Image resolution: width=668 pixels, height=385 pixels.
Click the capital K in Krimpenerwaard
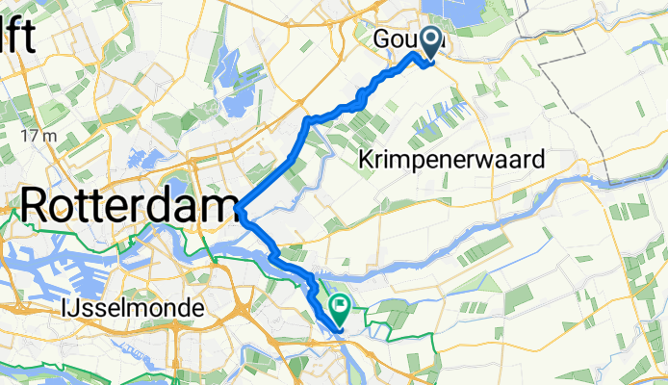pyautogui.click(x=366, y=159)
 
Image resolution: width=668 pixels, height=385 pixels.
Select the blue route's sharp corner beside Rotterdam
pyautogui.click(x=238, y=208)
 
